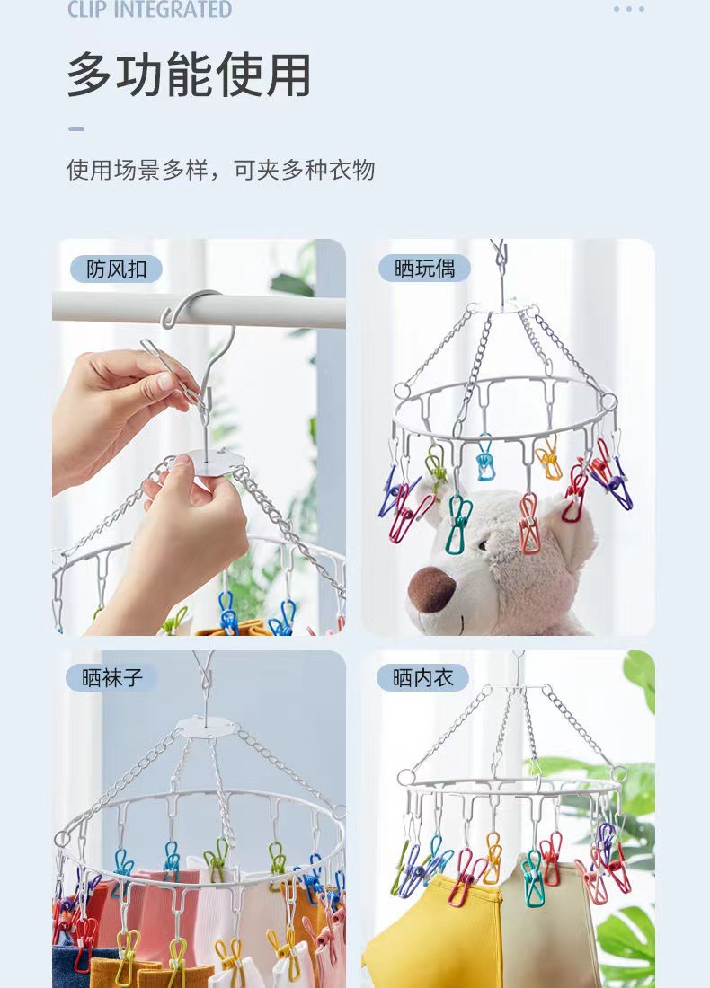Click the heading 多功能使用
[x=189, y=75]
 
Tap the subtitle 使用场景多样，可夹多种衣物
[x=220, y=170]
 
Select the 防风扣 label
[x=117, y=269]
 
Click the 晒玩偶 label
[x=424, y=268]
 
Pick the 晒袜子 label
[x=112, y=677]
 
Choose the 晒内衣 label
[x=423, y=677]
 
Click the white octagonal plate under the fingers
[x=215, y=461]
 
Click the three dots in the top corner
[x=629, y=9]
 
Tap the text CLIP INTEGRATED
[x=149, y=10]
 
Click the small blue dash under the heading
[x=76, y=128]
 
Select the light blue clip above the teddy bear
[x=485, y=459]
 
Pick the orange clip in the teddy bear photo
[x=548, y=460]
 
